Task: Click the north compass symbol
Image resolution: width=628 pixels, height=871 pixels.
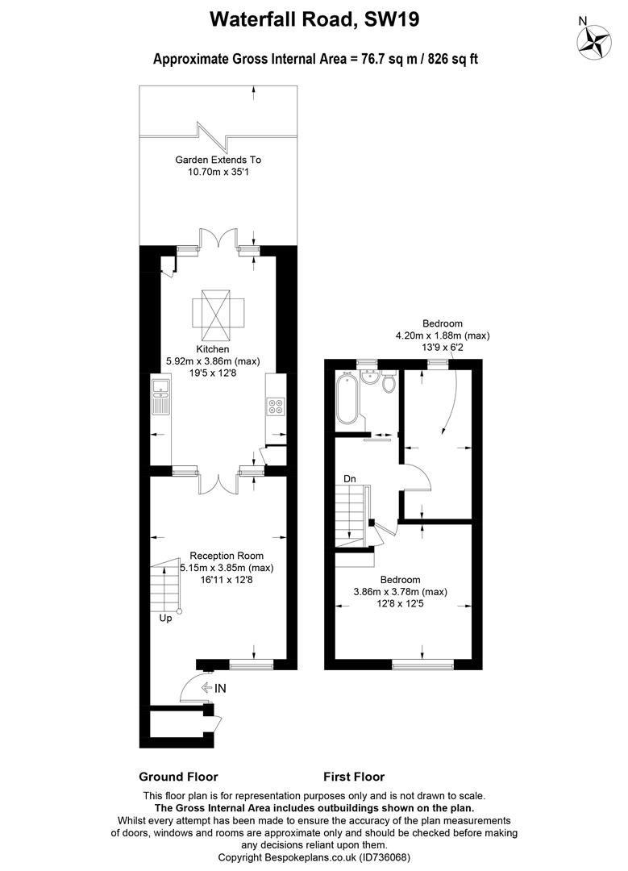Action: click(x=593, y=42)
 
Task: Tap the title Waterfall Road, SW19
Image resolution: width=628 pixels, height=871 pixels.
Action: click(x=314, y=20)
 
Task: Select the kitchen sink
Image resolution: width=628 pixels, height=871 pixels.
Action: click(x=161, y=397)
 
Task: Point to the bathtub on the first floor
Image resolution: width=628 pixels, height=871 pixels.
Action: click(x=348, y=399)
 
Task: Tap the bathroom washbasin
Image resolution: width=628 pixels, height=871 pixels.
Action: click(x=369, y=377)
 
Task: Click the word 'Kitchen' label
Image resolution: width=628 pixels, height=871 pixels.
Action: click(x=212, y=349)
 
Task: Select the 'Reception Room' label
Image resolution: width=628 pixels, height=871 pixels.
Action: click(x=227, y=556)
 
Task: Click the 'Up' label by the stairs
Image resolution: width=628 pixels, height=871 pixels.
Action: click(x=165, y=619)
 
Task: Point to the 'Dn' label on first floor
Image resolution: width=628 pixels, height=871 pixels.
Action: click(x=349, y=479)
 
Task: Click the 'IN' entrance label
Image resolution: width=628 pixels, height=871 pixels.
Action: click(x=220, y=688)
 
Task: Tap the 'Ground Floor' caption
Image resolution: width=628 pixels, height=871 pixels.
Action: click(x=178, y=777)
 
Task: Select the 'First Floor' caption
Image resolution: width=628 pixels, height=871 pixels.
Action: click(x=354, y=777)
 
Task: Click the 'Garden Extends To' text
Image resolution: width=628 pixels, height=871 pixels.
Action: click(x=218, y=160)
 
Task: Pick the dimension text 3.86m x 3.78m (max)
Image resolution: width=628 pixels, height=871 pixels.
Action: click(x=401, y=592)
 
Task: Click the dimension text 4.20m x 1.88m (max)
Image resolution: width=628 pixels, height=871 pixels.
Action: click(x=443, y=335)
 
